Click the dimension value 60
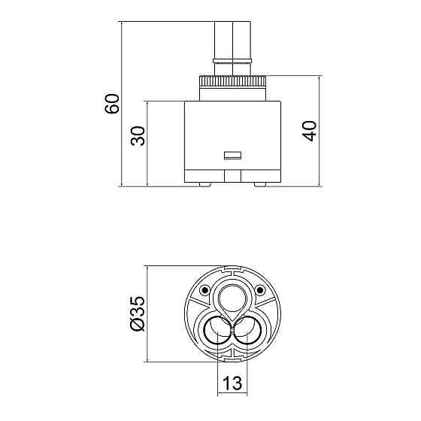coord(112,104)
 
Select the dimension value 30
coord(138,135)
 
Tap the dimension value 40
coord(309,131)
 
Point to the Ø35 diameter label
coord(137,313)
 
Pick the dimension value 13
coord(232,383)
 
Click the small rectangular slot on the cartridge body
coord(232,156)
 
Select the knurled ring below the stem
coord(232,81)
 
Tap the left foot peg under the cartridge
coord(204,184)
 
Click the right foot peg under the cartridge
coord(260,184)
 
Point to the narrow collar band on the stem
coord(232,61)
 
